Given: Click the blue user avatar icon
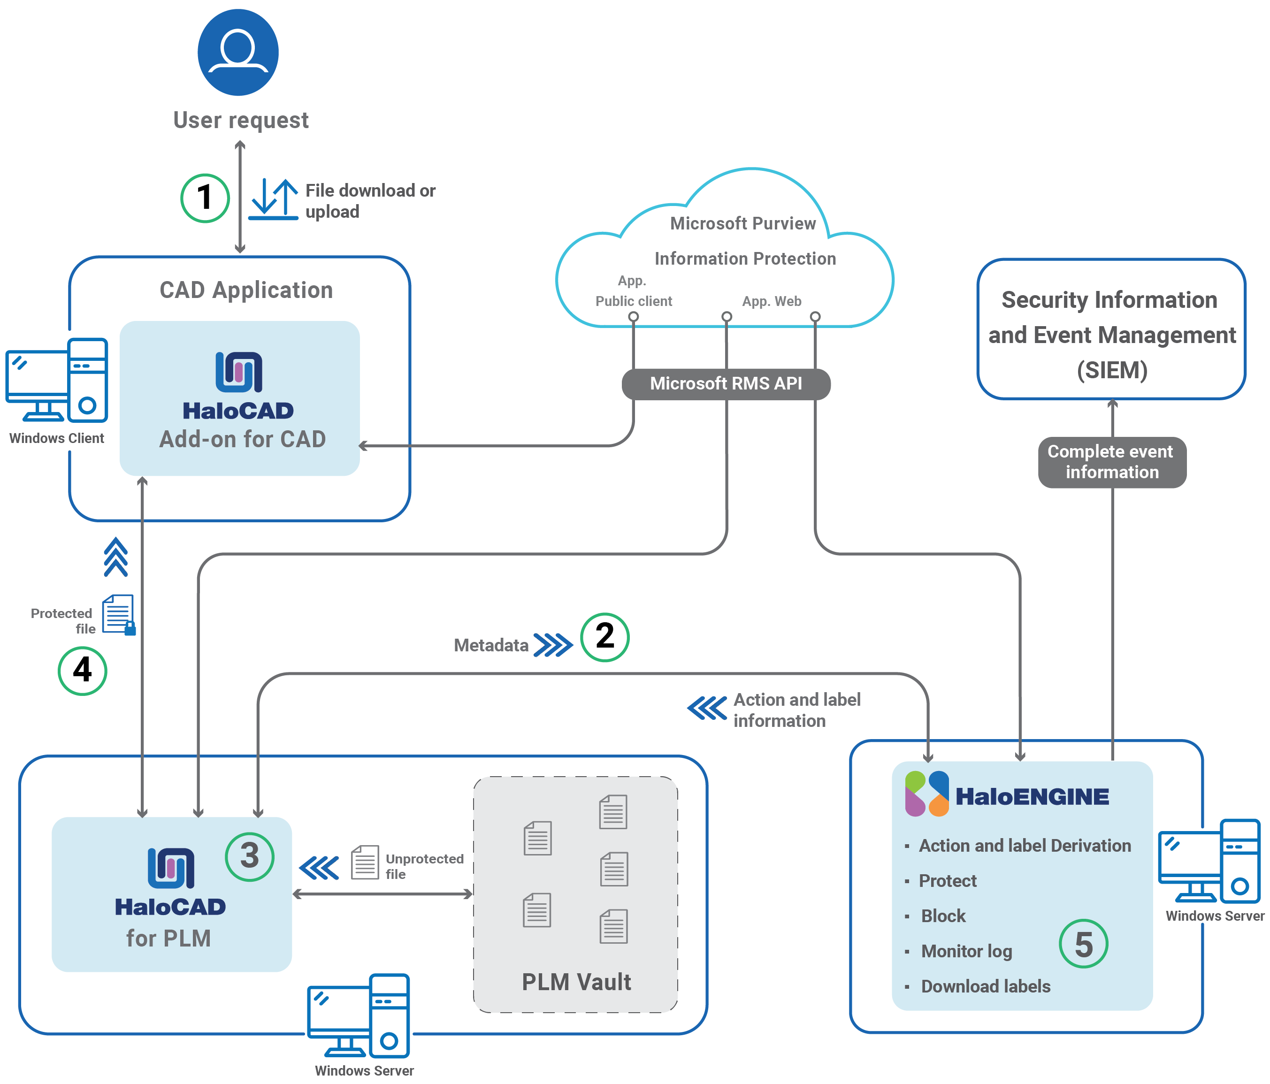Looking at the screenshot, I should [238, 52].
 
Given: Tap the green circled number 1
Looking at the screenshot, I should [205, 198].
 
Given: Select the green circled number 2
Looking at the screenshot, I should [604, 637].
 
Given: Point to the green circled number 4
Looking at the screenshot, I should [82, 671].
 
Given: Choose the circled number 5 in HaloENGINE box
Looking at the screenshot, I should [1083, 944].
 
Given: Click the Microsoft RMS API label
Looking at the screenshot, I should [726, 383].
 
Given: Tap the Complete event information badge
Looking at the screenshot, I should [1111, 462].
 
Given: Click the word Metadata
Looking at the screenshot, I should [491, 645].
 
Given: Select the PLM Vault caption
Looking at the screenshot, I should [576, 982].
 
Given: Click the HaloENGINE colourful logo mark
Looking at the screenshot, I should [927, 794].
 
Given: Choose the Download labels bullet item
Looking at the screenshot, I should [985, 986].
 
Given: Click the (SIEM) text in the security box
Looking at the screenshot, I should [1112, 370].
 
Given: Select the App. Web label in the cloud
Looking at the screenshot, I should [771, 301].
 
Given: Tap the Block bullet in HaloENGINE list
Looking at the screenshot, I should [943, 916].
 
